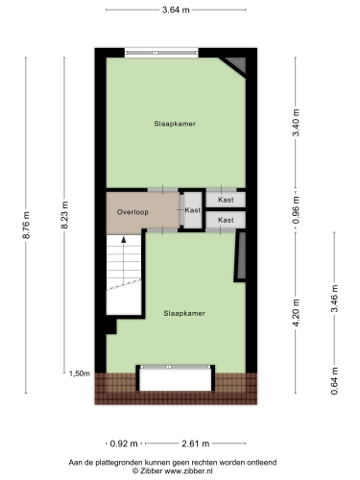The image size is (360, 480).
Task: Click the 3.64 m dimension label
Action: coord(176,10)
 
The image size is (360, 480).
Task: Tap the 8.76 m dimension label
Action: coord(26,225)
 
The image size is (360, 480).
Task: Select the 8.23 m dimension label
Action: coord(64,215)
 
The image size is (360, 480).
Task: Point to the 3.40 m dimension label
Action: coord(296,123)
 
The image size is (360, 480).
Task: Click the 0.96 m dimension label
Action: coord(296,209)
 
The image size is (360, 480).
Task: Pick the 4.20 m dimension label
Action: coord(296,313)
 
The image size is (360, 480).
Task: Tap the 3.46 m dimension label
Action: coord(334,299)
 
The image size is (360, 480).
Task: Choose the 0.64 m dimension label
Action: coord(334,381)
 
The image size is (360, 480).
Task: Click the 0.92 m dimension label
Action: coord(124,444)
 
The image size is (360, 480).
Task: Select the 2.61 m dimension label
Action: coord(196,444)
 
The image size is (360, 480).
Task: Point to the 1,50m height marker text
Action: coord(80,373)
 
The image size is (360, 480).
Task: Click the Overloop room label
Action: coord(132,212)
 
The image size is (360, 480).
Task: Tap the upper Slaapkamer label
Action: coord(175,124)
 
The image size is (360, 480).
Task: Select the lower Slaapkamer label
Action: coord(184,313)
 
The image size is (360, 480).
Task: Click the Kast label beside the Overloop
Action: coord(193,210)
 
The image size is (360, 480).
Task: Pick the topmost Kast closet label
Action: coord(226,200)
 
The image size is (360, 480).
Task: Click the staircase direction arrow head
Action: coord(124,239)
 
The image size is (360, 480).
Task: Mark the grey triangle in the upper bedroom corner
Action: coord(238,65)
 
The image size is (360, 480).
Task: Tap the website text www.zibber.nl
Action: coord(188,470)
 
